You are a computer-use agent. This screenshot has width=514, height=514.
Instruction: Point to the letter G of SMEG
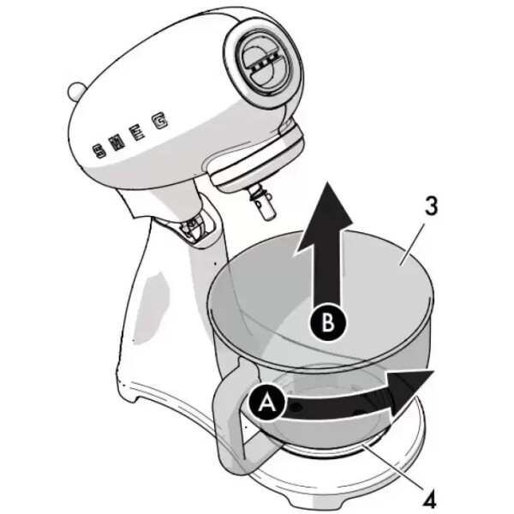click(x=159, y=123)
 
